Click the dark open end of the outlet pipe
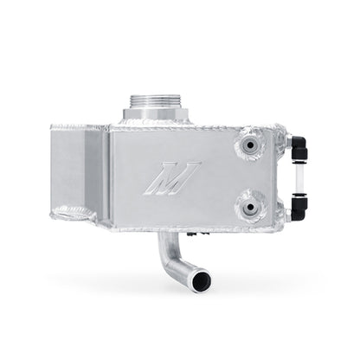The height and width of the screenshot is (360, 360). pos(202,281)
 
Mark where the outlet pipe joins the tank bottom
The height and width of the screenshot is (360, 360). pos(164,235)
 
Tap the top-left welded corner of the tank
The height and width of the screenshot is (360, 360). pos(55,128)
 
